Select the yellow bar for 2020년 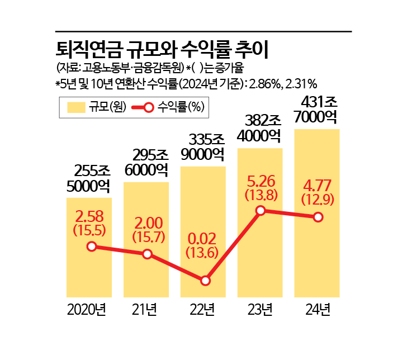point(89,268)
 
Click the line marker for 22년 point(205,281)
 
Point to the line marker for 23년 point(260,211)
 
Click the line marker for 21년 point(147,254)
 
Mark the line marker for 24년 point(318,217)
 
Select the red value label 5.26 point(260,182)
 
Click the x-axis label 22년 point(204,309)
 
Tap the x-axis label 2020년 point(87,309)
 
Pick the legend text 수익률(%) point(181,107)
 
